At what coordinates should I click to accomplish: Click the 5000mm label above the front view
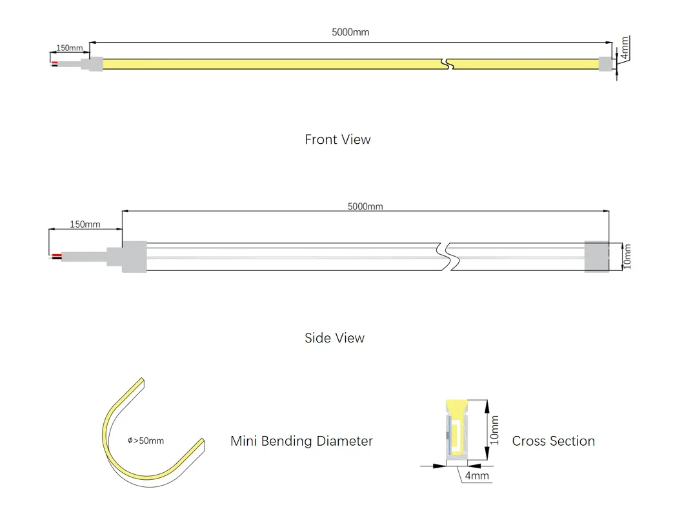(350, 32)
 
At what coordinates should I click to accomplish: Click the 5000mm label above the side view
(365, 206)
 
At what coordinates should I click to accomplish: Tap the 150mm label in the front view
(70, 48)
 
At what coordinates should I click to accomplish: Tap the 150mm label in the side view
(85, 224)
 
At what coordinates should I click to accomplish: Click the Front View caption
(337, 139)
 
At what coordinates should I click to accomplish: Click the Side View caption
(334, 338)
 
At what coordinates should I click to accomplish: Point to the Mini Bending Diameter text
(301, 441)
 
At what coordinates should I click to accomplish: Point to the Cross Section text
(553, 441)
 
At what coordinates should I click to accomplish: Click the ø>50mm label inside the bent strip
(146, 441)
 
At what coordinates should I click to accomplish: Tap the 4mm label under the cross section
(477, 476)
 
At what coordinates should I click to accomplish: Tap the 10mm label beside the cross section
(495, 430)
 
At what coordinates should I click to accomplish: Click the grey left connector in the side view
(134, 257)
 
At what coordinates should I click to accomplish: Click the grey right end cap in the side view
(597, 257)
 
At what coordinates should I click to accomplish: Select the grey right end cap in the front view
(605, 64)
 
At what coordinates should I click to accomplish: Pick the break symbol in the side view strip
(445, 257)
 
